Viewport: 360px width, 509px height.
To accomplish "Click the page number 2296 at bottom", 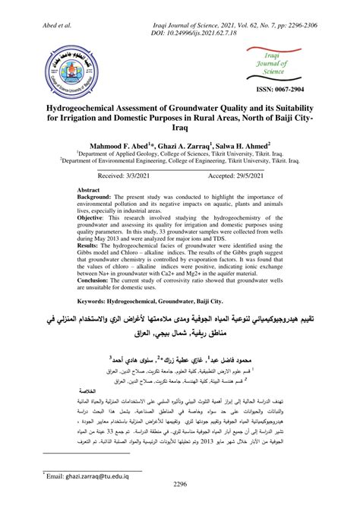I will click(179, 483).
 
